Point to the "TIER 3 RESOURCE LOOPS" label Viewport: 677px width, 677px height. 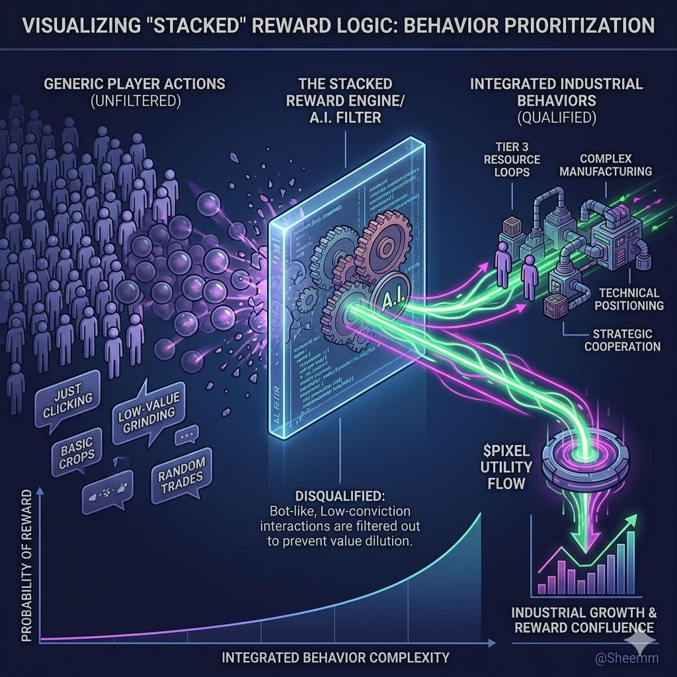[x=512, y=160]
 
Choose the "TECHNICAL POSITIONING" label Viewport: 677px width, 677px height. [x=629, y=299]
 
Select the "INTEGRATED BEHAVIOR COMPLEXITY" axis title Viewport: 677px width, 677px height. [x=335, y=657]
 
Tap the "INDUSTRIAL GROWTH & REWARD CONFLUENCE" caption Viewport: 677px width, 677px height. [x=583, y=619]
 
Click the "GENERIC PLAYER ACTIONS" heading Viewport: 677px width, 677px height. [x=134, y=85]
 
